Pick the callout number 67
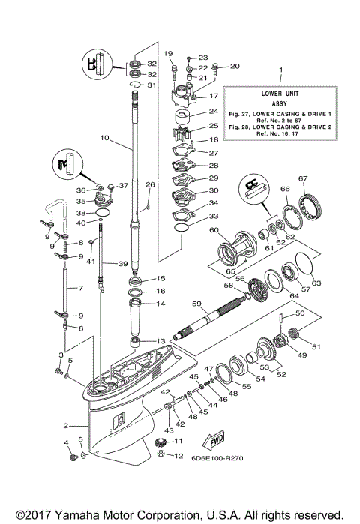coord(303,178)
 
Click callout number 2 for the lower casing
coord(67,424)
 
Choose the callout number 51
coord(316,346)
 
